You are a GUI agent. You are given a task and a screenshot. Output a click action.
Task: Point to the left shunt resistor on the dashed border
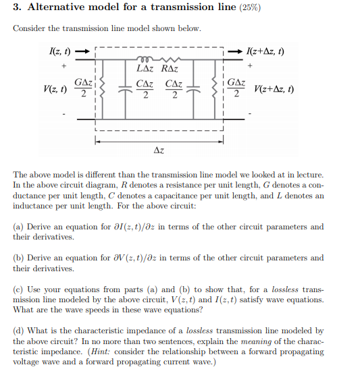[x=95, y=89]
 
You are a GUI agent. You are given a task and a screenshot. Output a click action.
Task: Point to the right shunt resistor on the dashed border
[x=223, y=89]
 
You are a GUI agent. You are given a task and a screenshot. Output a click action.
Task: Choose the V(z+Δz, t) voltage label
[x=274, y=89]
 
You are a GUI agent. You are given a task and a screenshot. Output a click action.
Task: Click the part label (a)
[x=20, y=227]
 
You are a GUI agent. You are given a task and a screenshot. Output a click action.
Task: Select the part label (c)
[x=20, y=289]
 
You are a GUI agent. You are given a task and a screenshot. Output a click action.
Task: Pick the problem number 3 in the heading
[x=16, y=9]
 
